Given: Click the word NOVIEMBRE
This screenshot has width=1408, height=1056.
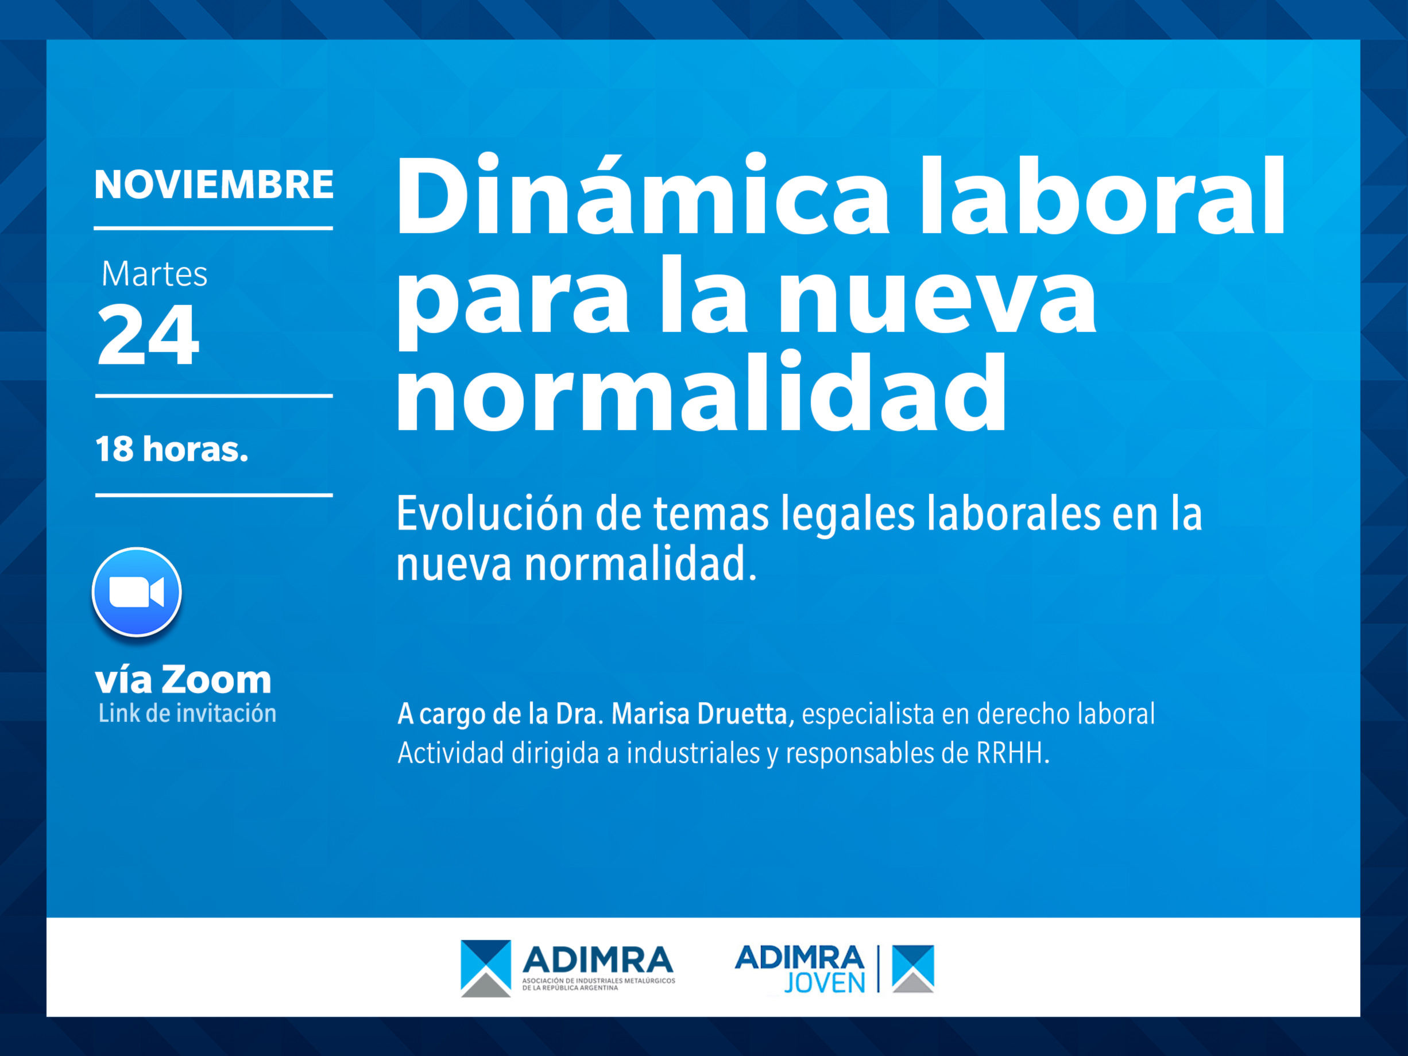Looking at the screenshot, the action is pyautogui.click(x=214, y=184).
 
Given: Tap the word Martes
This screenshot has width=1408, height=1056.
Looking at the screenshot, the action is pyautogui.click(x=154, y=274).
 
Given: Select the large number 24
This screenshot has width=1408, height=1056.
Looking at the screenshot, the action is pyautogui.click(x=148, y=334).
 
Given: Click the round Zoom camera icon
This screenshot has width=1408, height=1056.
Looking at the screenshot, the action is pyautogui.click(x=137, y=592).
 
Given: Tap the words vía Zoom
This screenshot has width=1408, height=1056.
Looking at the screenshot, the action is pyautogui.click(x=183, y=680).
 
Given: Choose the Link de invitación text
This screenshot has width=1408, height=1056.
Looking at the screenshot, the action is pyautogui.click(x=187, y=714).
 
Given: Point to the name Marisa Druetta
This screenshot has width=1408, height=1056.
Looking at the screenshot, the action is pyautogui.click(x=699, y=714).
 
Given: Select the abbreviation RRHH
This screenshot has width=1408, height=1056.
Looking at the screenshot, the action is pyautogui.click(x=1010, y=753).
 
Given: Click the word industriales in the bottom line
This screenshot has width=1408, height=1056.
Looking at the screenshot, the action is pyautogui.click(x=693, y=753).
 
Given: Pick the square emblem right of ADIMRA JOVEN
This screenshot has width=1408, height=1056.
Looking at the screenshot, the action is pyautogui.click(x=913, y=969).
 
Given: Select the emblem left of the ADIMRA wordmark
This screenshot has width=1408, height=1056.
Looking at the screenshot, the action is pyautogui.click(x=486, y=968).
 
